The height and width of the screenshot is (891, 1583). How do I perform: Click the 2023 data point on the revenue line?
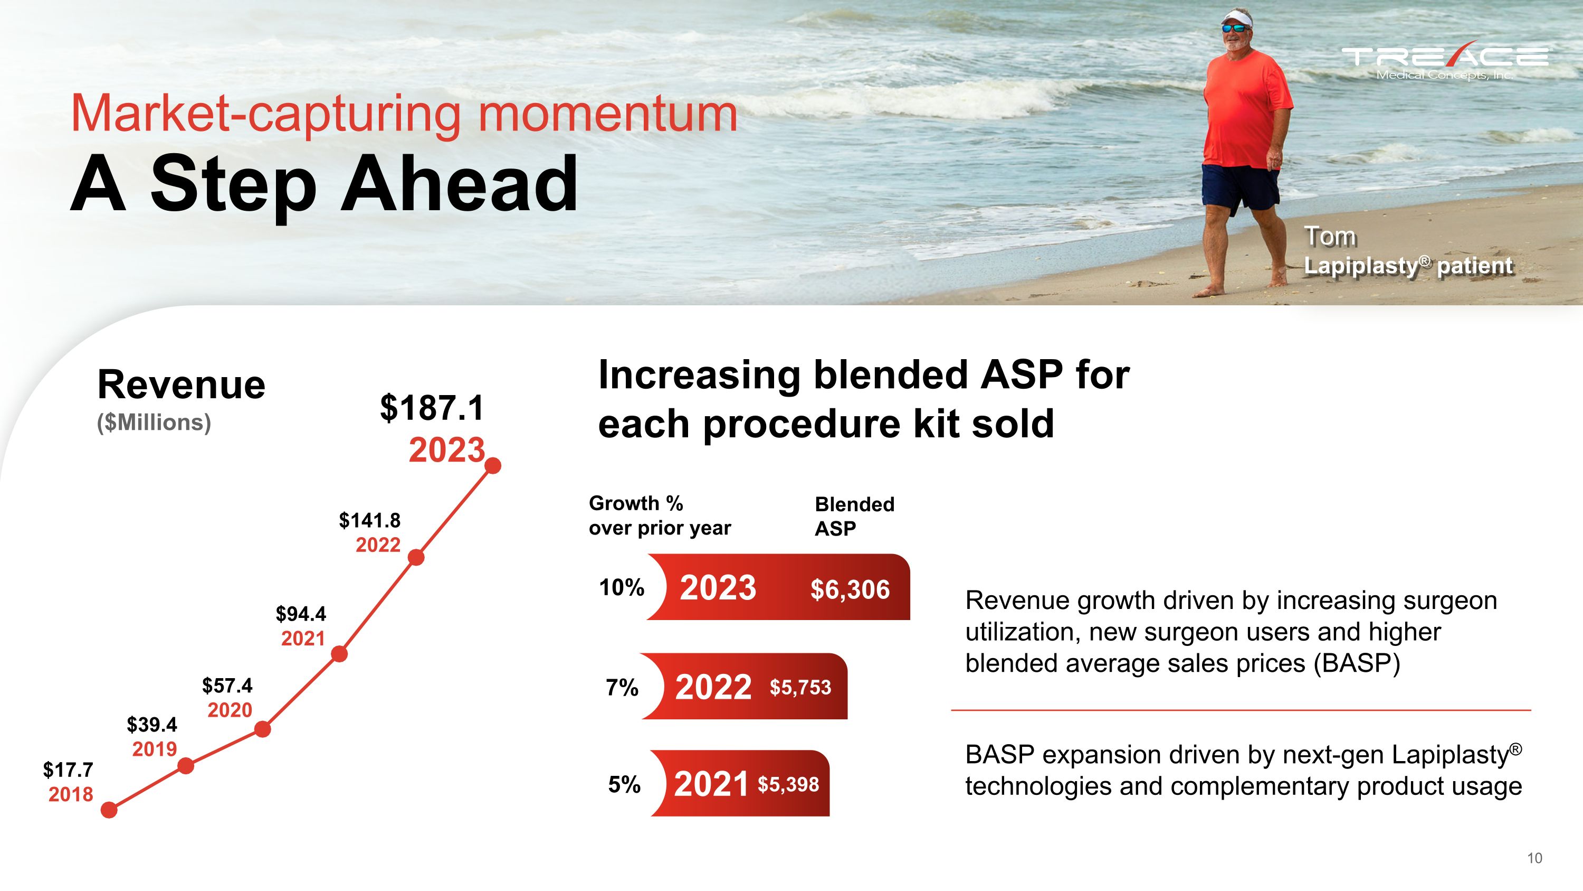click(x=493, y=466)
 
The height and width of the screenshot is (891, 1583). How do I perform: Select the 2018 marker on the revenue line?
click(x=109, y=810)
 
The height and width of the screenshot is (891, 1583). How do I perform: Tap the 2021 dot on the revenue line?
click(x=339, y=654)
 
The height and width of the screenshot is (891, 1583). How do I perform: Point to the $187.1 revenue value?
click(x=432, y=408)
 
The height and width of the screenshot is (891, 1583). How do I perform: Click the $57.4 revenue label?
click(x=227, y=685)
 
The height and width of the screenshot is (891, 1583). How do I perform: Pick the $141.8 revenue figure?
click(x=370, y=520)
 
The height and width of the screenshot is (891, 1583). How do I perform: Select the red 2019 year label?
click(x=154, y=749)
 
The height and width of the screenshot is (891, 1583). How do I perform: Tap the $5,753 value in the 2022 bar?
click(x=800, y=687)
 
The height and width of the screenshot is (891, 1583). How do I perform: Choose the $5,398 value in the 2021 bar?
click(x=788, y=784)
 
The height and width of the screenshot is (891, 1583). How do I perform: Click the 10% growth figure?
click(x=622, y=587)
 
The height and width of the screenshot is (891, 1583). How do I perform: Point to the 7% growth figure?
click(x=622, y=687)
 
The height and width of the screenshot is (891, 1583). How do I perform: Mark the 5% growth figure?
click(x=624, y=785)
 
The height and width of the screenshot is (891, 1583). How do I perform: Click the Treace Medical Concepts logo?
click(x=1445, y=60)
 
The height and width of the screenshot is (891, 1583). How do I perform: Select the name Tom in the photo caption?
click(x=1330, y=236)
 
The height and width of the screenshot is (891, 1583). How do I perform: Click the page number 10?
click(x=1534, y=858)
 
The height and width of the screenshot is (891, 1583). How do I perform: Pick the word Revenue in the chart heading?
click(x=182, y=385)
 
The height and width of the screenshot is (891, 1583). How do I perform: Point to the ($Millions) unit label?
click(x=154, y=423)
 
